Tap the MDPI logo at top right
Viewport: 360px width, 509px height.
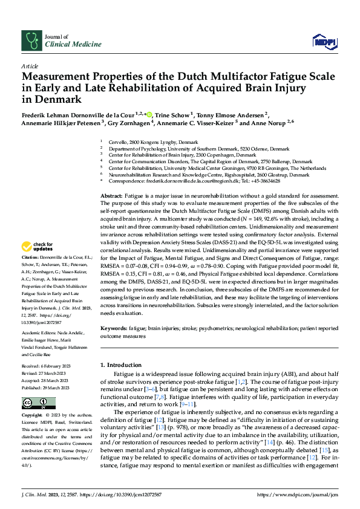pyautogui.click(x=324, y=41)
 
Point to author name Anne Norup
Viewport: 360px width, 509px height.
pyautogui.click(x=272, y=122)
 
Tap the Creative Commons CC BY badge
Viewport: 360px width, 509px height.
pyautogui.click(x=39, y=403)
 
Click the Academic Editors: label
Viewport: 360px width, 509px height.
pyautogui.click(x=41, y=333)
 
